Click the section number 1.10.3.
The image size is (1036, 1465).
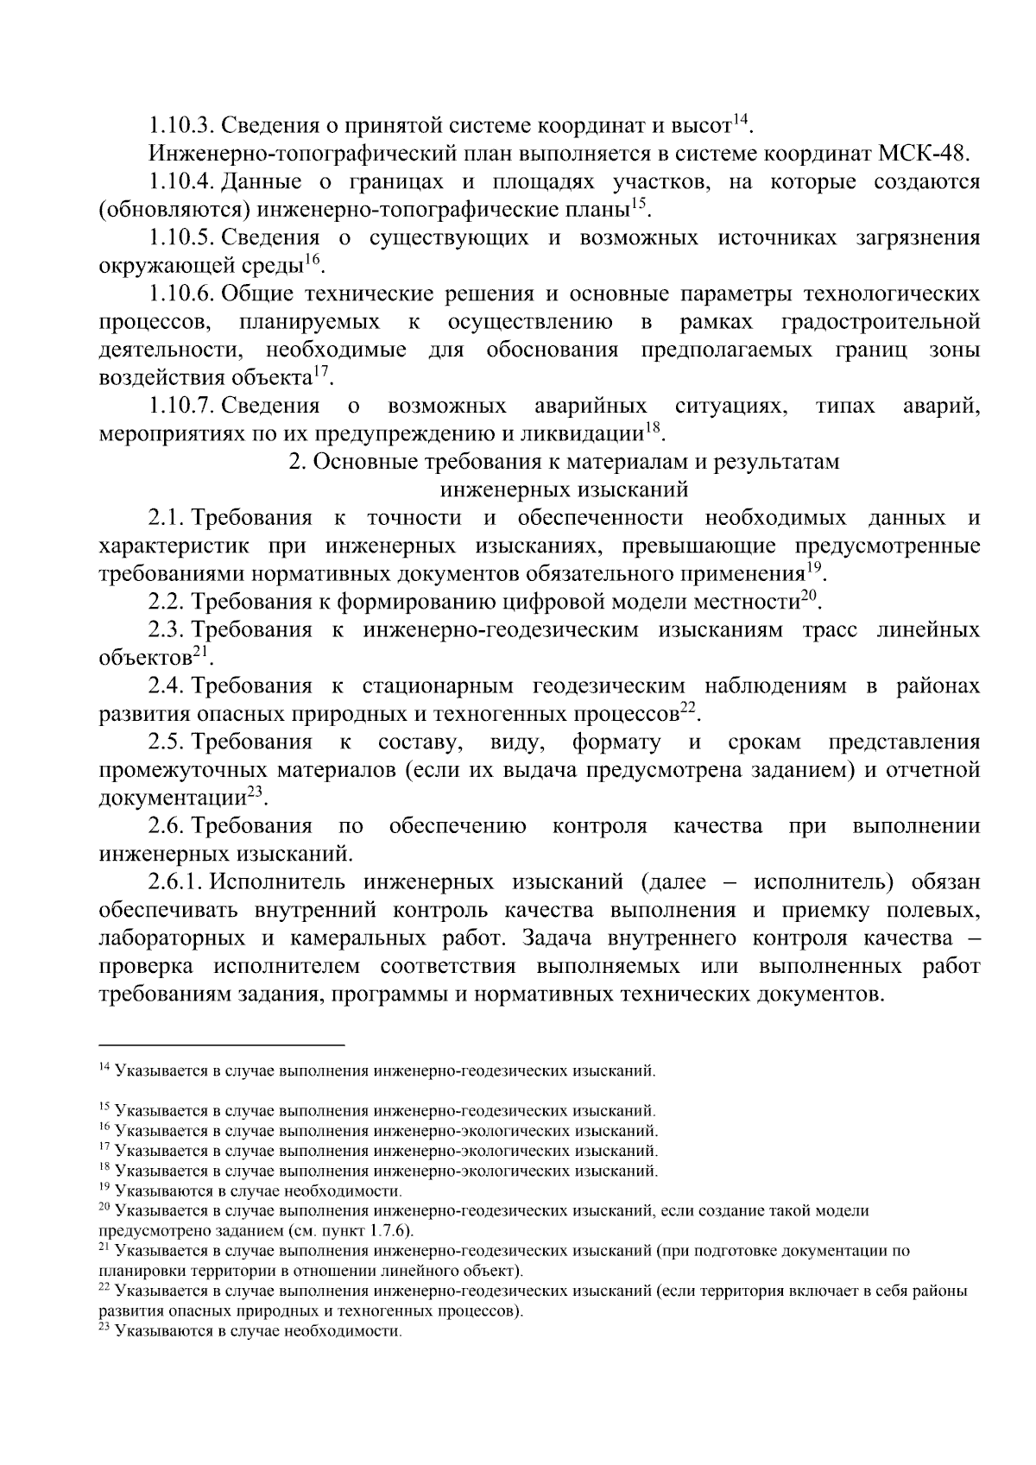tap(180, 126)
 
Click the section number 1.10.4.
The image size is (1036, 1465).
tap(180, 182)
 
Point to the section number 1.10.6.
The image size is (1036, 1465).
tap(180, 294)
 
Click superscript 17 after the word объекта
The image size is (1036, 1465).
tap(321, 371)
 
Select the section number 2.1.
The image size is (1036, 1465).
tap(166, 519)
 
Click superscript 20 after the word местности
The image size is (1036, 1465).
tap(808, 596)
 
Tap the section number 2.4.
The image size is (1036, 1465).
tap(166, 686)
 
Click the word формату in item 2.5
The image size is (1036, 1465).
tap(616, 742)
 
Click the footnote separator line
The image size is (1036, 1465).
tap(222, 1043)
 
